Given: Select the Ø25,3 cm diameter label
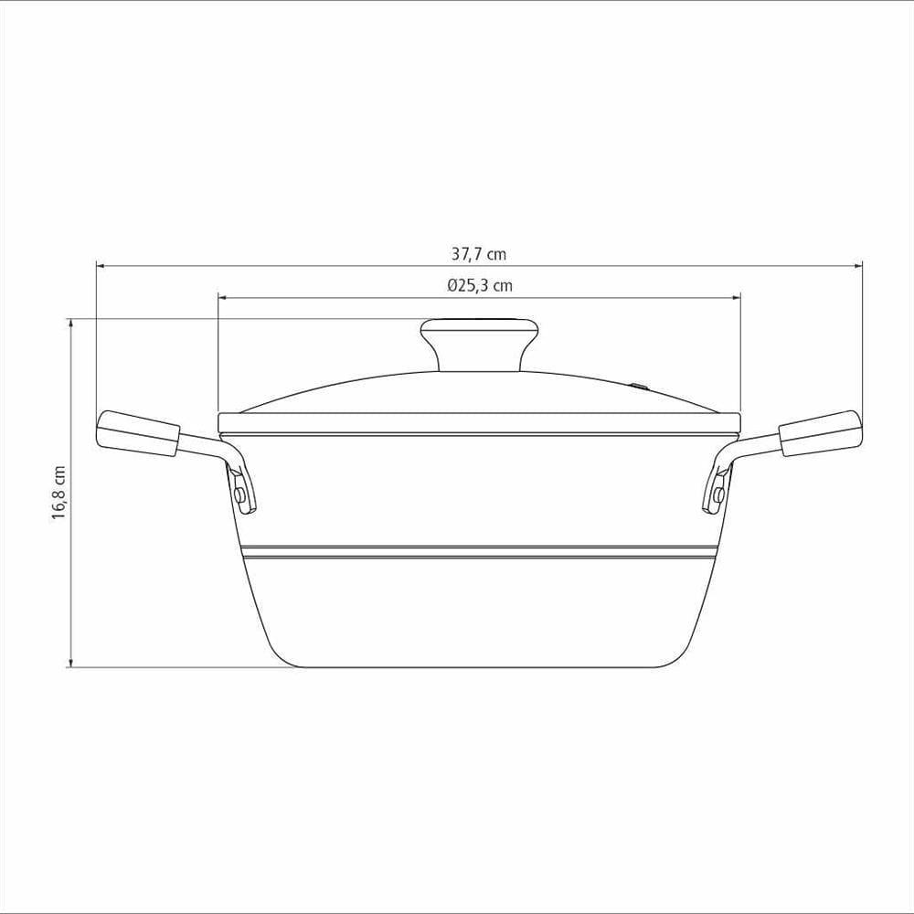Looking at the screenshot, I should click(x=480, y=285).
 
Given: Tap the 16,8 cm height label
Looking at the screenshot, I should click(x=59, y=493).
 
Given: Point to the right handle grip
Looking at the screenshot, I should click(x=820, y=433).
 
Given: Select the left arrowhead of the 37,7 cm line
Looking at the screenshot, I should click(x=101, y=266).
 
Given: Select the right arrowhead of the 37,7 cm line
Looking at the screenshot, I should click(x=858, y=266).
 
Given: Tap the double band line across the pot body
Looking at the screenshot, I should click(x=479, y=551).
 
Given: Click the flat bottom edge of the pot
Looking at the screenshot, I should click(x=479, y=666).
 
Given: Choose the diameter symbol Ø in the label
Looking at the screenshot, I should click(x=452, y=285).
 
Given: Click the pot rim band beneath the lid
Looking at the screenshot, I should click(x=479, y=423).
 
